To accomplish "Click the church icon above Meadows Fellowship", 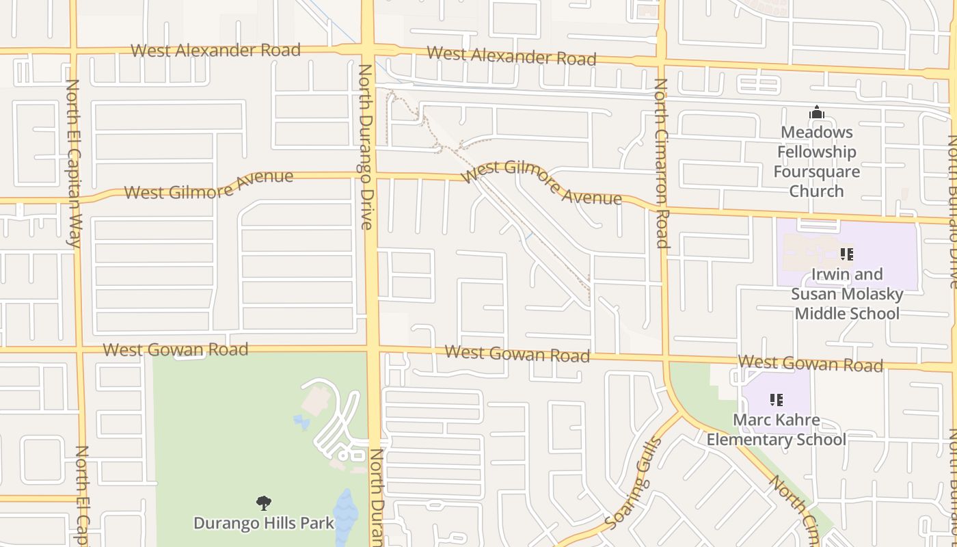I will click(x=816, y=112).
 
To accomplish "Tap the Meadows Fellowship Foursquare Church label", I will click(x=816, y=161).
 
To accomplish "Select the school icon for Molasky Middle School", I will click(x=847, y=254).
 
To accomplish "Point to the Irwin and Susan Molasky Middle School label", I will click(x=847, y=294).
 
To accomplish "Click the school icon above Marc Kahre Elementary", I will click(x=776, y=399).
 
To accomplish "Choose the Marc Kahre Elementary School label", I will click(x=776, y=429).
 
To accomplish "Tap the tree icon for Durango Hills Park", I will click(x=264, y=503).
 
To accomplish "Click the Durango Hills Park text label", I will click(x=264, y=524).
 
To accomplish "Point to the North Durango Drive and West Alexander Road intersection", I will click(x=368, y=50).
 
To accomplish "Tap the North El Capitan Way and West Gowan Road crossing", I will click(x=78, y=349).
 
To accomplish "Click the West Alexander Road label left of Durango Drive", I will click(x=215, y=50).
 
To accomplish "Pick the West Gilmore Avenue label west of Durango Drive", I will click(x=208, y=185).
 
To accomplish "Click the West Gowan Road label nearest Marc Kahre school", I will click(x=811, y=362).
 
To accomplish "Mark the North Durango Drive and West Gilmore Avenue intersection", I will click(x=370, y=176).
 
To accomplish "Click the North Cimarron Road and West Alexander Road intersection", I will click(x=660, y=63).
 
